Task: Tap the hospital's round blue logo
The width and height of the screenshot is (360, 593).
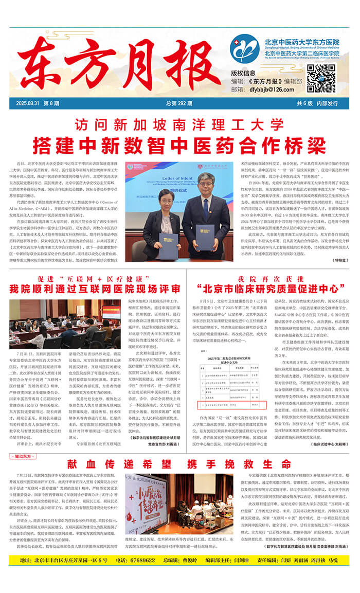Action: pyautogui.click(x=244, y=48)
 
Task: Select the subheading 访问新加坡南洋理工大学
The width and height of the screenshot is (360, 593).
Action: pyautogui.click(x=179, y=124)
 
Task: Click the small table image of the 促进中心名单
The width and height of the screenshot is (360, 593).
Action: pyautogui.click(x=230, y=379)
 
